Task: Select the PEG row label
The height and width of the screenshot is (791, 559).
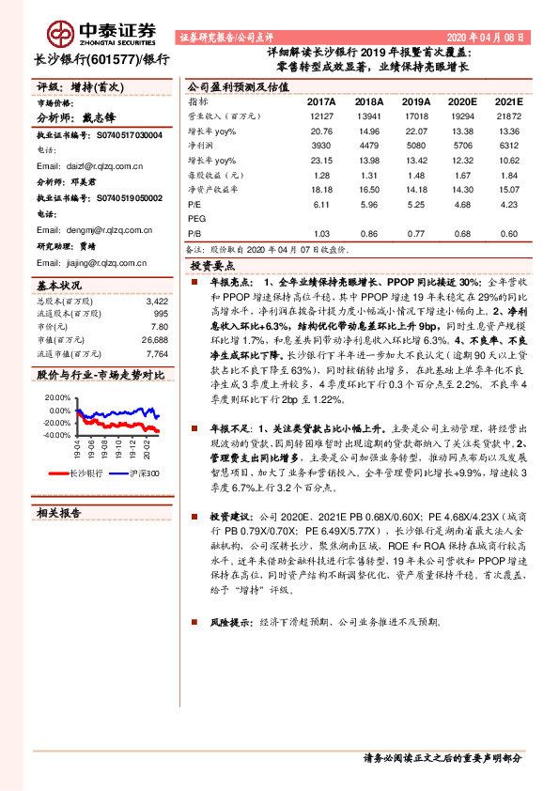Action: coord(196,218)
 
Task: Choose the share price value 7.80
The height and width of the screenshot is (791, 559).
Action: coord(159,326)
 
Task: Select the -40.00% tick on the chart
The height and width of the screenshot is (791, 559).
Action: coord(55,435)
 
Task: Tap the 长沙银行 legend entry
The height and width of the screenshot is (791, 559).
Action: coord(81,474)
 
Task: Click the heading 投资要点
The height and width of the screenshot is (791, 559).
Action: coord(214,266)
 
